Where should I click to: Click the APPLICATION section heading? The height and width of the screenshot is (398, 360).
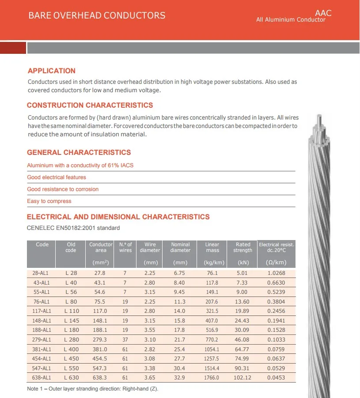pyautogui.click(x=52, y=71)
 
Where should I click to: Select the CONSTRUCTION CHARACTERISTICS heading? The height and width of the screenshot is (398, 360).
pyautogui.click(x=90, y=105)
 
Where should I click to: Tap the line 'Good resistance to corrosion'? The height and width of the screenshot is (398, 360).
pyautogui.click(x=63, y=189)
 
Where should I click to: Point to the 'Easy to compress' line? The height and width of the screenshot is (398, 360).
pyautogui.click(x=49, y=201)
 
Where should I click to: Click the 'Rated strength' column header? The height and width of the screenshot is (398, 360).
pyautogui.click(x=243, y=248)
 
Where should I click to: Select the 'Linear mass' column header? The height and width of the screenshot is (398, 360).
pyautogui.click(x=212, y=248)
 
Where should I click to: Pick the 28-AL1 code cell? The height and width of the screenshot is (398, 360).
pyautogui.click(x=42, y=273)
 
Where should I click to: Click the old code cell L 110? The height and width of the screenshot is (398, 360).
pyautogui.click(x=71, y=311)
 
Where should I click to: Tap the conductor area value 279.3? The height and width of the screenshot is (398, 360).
pyautogui.click(x=101, y=340)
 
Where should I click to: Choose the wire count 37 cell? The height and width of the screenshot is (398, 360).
pyautogui.click(x=125, y=340)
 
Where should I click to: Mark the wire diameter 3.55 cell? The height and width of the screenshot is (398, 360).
pyautogui.click(x=150, y=330)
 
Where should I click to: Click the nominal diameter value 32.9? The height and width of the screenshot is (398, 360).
pyautogui.click(x=180, y=378)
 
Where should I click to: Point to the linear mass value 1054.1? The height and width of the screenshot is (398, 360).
pyautogui.click(x=212, y=349)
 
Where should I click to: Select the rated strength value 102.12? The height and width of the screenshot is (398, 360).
pyautogui.click(x=243, y=378)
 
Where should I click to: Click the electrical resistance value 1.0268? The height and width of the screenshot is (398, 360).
pyautogui.click(x=277, y=273)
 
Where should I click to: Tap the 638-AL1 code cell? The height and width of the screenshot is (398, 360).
pyautogui.click(x=42, y=378)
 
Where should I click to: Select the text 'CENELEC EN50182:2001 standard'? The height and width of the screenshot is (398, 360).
pyautogui.click(x=73, y=228)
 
